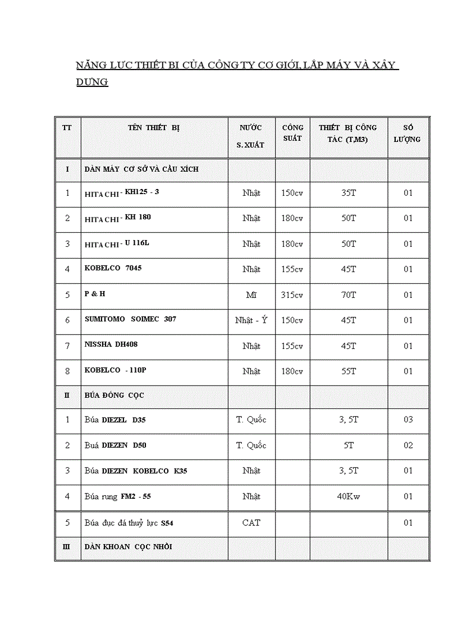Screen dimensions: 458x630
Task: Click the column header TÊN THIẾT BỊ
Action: [x=154, y=127]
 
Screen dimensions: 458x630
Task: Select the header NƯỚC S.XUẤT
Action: [x=250, y=136]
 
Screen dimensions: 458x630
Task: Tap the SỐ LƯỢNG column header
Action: [x=407, y=134]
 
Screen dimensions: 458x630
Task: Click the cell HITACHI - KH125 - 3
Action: [x=122, y=193]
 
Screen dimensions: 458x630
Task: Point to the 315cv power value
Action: [x=292, y=295]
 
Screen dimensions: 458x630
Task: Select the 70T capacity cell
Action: [x=349, y=295]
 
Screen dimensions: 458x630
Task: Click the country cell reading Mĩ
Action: [x=251, y=295]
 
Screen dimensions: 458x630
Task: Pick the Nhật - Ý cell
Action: [x=251, y=320]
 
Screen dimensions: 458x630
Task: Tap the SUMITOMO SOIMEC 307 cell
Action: [x=130, y=319]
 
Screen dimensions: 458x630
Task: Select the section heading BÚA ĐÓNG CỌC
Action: [x=114, y=396]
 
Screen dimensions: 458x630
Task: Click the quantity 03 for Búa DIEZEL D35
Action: [x=408, y=420]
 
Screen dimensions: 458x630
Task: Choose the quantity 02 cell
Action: [x=408, y=445]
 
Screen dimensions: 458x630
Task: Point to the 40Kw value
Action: [x=349, y=496]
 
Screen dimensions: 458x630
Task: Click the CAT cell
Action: [x=251, y=523]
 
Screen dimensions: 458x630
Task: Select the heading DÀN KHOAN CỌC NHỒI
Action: [x=128, y=547]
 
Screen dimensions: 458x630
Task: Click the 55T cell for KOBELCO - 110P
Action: [x=349, y=371]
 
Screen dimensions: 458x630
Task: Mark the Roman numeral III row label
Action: [x=67, y=547]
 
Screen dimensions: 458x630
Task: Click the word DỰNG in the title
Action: [x=92, y=82]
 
